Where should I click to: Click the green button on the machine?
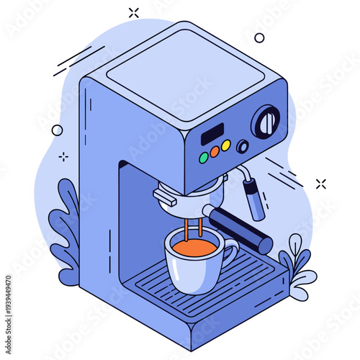click(204, 156)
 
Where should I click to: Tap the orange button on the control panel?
click(215, 151)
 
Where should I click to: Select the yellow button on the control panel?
click(225, 145)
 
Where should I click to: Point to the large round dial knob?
click(266, 122)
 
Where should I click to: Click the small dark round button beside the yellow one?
click(243, 146)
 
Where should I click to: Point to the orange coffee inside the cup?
click(192, 248)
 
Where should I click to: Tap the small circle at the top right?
click(259, 37)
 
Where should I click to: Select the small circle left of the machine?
click(57, 130)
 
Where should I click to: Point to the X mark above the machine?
click(133, 12)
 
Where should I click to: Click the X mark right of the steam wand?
click(320, 184)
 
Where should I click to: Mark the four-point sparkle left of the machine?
click(63, 156)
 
